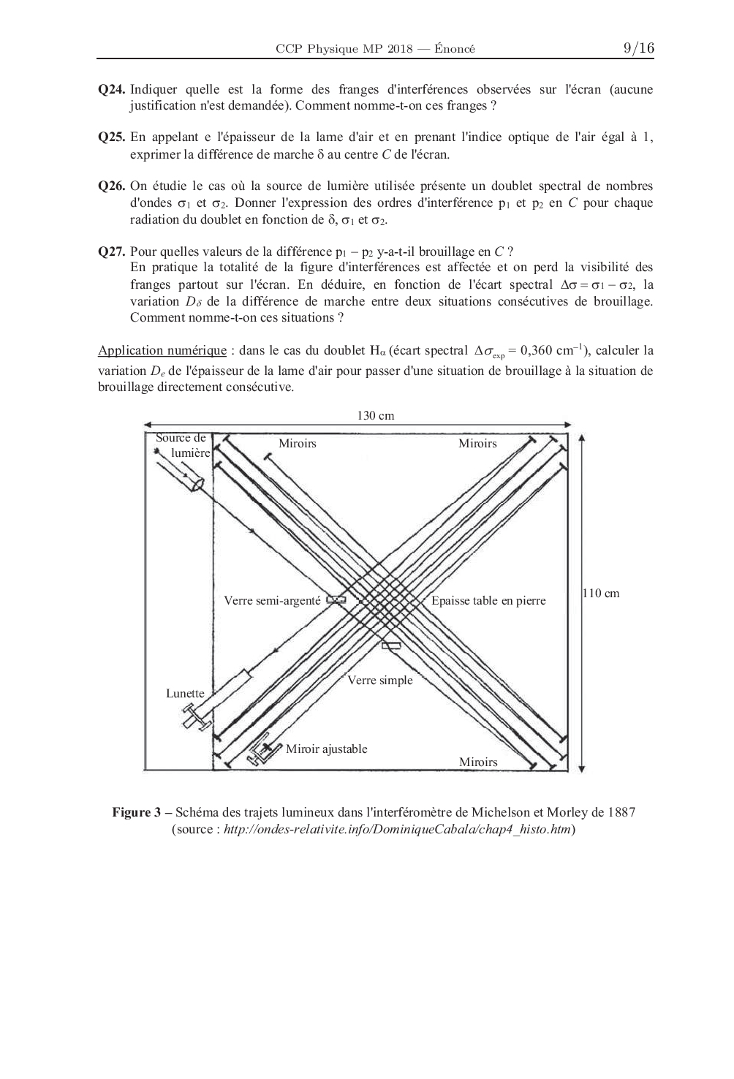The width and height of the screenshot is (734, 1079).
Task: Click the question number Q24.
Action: click(112, 90)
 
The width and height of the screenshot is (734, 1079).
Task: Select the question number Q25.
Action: click(112, 137)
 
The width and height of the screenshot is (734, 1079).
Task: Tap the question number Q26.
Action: click(112, 186)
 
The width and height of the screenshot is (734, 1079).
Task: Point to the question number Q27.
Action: click(112, 251)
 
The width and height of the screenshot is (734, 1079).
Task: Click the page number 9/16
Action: click(638, 48)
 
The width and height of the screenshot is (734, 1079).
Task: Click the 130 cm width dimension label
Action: click(376, 415)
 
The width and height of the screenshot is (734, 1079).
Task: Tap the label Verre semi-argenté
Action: click(272, 601)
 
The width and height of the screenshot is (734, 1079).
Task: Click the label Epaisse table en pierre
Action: click(488, 601)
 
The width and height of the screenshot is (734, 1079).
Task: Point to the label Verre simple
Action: click(379, 680)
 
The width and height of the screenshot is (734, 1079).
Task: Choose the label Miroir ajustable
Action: click(326, 749)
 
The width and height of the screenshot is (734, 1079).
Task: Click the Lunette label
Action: click(185, 693)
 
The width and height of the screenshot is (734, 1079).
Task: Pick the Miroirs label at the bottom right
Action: click(478, 762)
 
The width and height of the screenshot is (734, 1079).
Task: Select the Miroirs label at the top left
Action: click(298, 443)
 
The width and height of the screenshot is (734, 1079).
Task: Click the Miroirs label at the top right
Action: click(477, 443)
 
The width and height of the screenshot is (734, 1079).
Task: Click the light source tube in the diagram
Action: click(179, 468)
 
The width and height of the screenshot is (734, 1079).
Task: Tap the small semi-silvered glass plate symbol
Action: click(336, 600)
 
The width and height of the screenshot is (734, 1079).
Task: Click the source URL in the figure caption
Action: click(397, 829)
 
